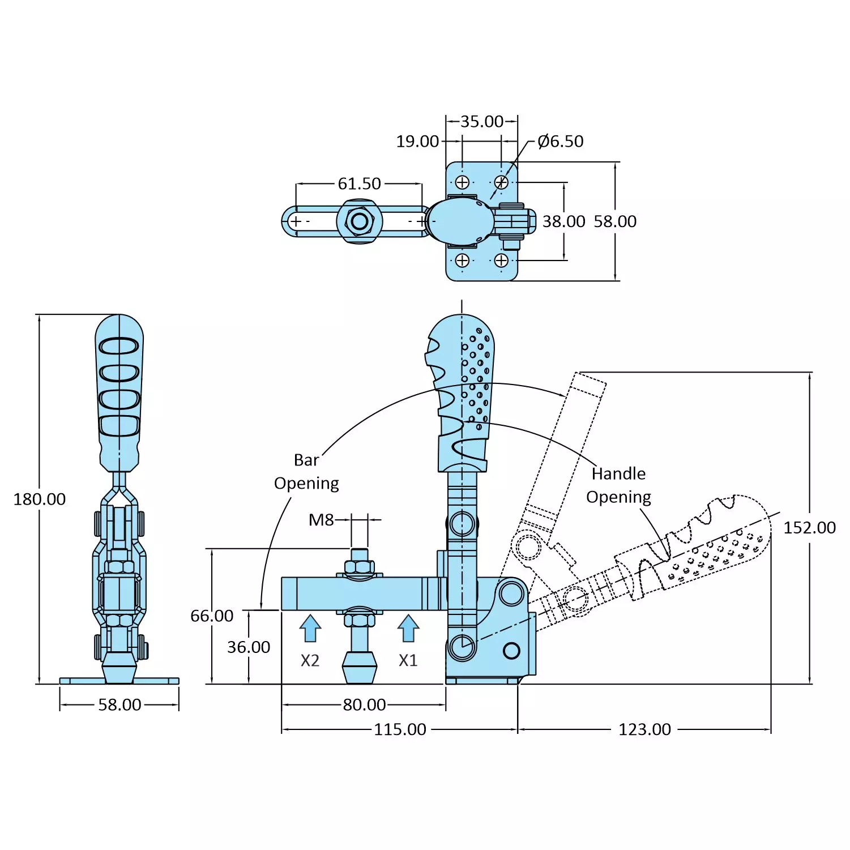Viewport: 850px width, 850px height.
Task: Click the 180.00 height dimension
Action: point(40,499)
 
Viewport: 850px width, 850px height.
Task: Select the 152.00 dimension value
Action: point(809,527)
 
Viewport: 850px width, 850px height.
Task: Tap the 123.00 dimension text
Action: point(644,729)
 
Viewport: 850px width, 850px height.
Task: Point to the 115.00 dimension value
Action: point(400,729)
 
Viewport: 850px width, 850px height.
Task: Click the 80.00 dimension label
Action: point(364,704)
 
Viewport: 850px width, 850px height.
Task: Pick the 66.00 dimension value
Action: point(212,616)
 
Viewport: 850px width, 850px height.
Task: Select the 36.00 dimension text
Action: point(249,647)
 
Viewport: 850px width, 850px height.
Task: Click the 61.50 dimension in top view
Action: point(360,183)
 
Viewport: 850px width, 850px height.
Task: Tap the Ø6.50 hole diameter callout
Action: point(561,141)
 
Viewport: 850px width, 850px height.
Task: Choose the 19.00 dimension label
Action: point(417,141)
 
